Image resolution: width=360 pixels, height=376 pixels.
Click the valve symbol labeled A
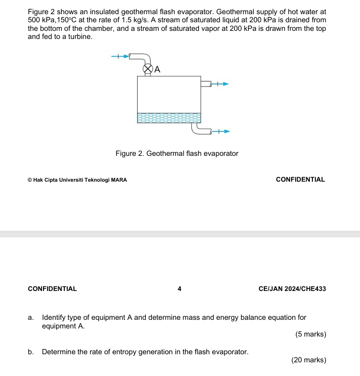[147, 68]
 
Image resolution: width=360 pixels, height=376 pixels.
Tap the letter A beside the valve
[157, 69]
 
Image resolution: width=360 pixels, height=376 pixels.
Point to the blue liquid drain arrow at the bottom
[221, 132]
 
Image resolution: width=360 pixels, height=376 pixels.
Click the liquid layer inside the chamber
[169, 118]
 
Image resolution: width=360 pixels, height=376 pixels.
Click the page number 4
[180, 289]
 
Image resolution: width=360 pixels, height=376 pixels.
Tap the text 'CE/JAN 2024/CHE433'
[292, 289]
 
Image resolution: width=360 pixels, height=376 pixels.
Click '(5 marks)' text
[310, 335]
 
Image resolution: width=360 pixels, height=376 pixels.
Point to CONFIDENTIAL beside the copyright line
[301, 179]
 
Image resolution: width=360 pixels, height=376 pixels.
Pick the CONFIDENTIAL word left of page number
[53, 289]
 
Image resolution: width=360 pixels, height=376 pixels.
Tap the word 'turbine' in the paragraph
[79, 37]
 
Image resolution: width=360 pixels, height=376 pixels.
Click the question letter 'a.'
[31, 318]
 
